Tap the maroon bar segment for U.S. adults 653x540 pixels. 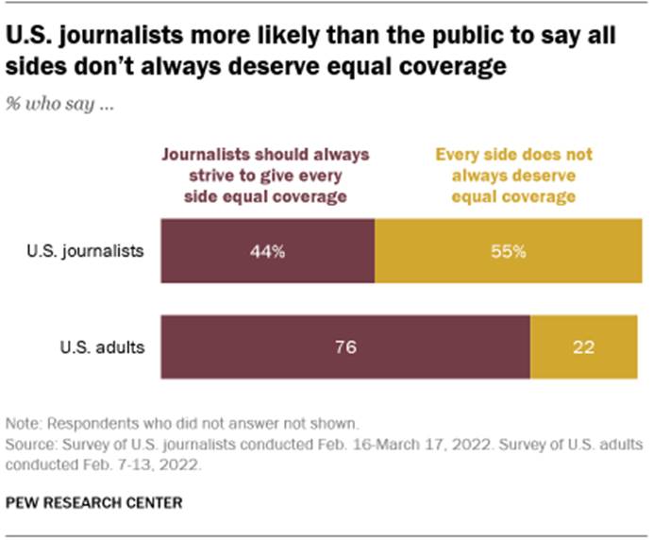[x=345, y=346]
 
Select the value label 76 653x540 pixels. [x=345, y=346]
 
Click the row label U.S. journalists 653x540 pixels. [x=97, y=253]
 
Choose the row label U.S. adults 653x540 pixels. [x=109, y=346]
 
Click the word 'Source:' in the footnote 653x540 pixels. [x=31, y=442]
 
